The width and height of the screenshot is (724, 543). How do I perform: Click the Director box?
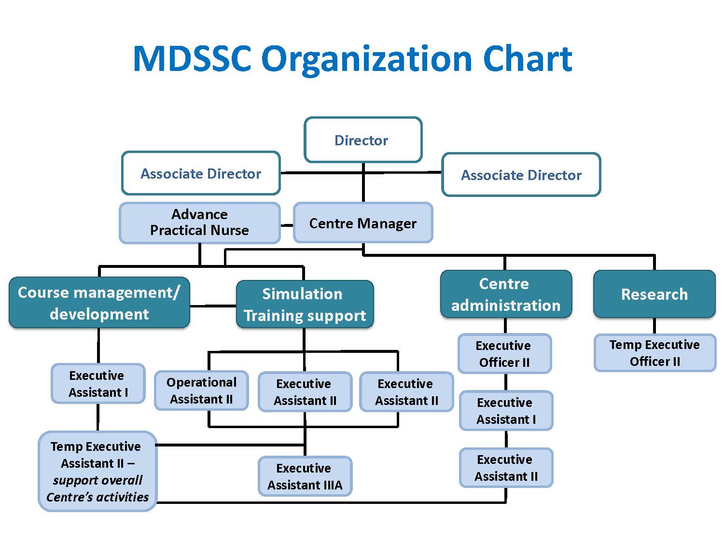coord(363,140)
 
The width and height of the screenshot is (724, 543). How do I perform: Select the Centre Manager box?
coord(363,223)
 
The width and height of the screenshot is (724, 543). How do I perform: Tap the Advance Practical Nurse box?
coord(200,223)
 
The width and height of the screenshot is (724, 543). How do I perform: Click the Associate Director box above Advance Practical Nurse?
coord(201,173)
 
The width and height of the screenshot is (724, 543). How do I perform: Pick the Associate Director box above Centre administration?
coord(521,175)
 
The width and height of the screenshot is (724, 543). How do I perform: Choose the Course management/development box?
coord(99,303)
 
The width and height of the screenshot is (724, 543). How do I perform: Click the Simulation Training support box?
coord(305,305)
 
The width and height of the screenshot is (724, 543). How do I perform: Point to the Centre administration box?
coord(505,294)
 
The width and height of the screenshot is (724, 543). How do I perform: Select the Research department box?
coord(654,294)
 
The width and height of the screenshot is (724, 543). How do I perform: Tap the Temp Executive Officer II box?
coord(654,353)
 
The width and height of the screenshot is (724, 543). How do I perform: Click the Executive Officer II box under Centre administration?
coord(504,354)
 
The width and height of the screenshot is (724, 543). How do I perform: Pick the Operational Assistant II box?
coord(201,390)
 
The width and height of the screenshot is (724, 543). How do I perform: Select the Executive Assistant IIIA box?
coord(305,476)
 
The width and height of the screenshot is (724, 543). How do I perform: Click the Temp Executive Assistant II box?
coord(97,471)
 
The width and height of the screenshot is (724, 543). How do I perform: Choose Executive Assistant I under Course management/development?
coord(98,384)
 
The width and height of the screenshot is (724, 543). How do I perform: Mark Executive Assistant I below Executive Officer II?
coord(506,411)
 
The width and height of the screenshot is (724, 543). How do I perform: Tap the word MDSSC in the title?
coord(192,59)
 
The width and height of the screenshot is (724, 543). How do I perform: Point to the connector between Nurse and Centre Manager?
coord(287,225)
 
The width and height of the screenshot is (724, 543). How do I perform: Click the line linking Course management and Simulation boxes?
coord(213,306)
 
